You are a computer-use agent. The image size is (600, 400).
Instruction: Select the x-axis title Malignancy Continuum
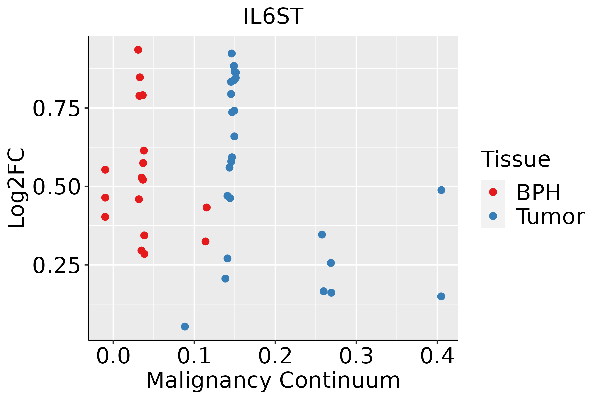tap(273, 381)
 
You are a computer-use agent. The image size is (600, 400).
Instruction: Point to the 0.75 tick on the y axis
tap(57, 108)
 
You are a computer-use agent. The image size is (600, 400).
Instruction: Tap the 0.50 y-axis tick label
tap(57, 187)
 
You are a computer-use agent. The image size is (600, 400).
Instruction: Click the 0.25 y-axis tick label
tap(57, 265)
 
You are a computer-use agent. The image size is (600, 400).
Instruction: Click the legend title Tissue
tap(516, 159)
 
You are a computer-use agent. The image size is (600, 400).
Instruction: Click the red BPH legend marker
tap(493, 192)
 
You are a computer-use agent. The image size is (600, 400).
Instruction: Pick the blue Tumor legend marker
tap(493, 216)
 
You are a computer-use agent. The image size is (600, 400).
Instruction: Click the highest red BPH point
tap(138, 50)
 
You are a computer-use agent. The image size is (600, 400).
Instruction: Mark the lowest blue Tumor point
tap(185, 326)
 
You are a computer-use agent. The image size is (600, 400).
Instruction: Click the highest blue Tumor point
tap(232, 54)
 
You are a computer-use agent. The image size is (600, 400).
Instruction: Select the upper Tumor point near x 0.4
tap(441, 190)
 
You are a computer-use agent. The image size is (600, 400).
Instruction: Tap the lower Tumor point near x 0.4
tap(441, 296)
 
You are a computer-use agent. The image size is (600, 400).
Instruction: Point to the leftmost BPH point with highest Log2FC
tap(105, 170)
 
